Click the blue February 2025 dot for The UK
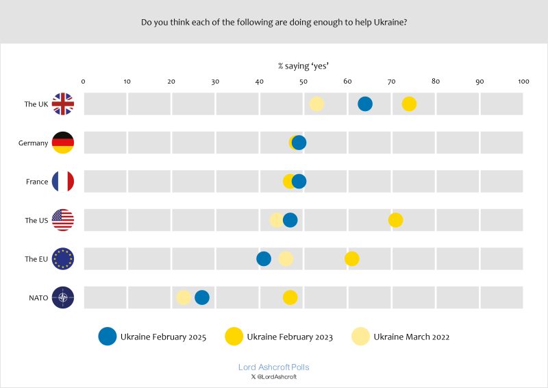click(x=365, y=104)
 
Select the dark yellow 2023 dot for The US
click(x=395, y=220)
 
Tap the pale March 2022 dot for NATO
click(x=184, y=298)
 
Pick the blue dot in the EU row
click(x=264, y=258)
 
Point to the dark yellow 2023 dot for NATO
click(x=290, y=298)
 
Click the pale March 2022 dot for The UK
click(x=316, y=104)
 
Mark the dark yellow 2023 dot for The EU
click(x=352, y=258)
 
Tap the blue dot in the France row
click(x=299, y=182)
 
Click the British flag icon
click(x=63, y=104)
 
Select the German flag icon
click(x=63, y=143)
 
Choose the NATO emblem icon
click(x=63, y=298)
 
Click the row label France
click(x=37, y=182)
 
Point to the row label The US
click(x=36, y=220)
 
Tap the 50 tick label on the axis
click(x=303, y=82)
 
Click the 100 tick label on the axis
click(x=524, y=82)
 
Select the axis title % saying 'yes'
click(x=303, y=66)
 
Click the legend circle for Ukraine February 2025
click(x=108, y=336)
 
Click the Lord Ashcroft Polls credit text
click(x=273, y=367)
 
